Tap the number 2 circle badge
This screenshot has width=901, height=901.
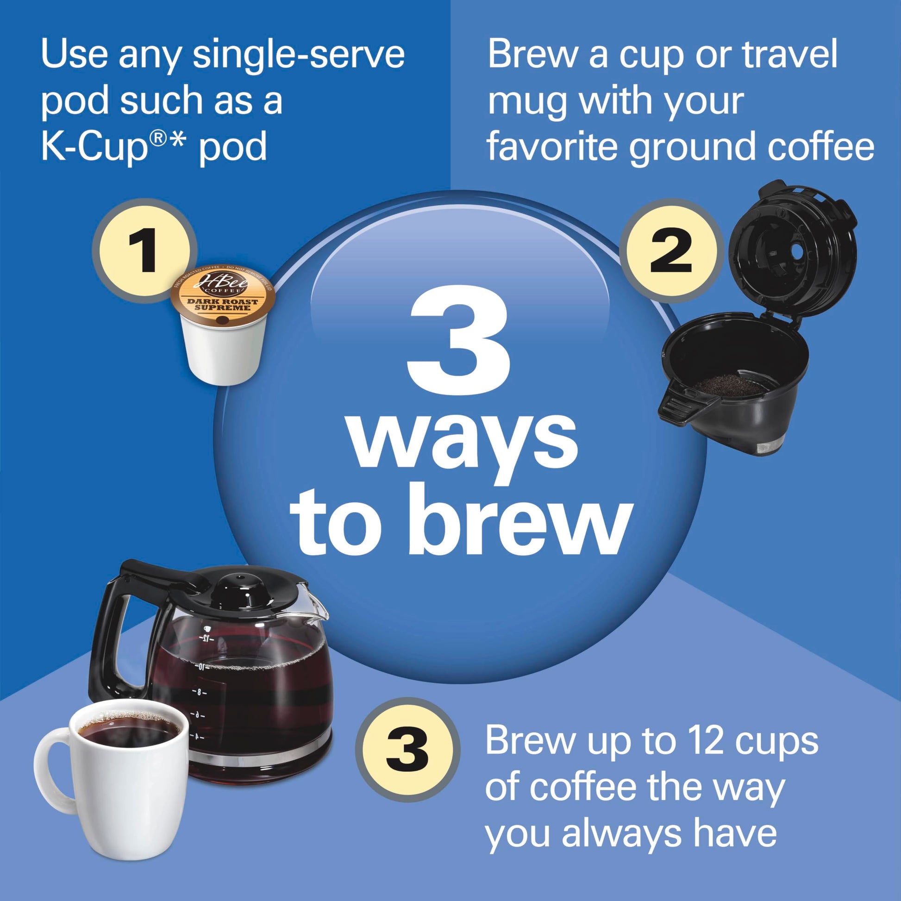670,251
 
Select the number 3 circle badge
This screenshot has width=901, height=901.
407,751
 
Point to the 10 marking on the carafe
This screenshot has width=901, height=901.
201,667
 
